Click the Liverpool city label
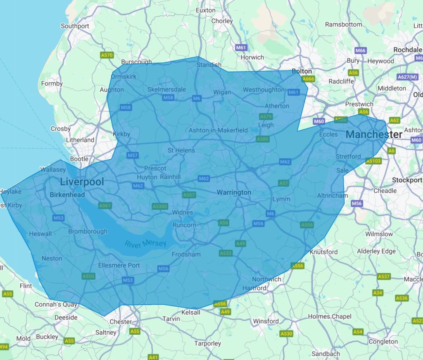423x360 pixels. pos(82,182)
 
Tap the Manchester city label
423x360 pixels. pos(374,135)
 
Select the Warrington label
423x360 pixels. pos(234,192)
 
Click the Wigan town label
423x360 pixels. pos(222,92)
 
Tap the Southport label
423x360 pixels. pos(75,26)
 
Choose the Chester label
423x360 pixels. pos(121,322)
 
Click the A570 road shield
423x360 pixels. pos(107,55)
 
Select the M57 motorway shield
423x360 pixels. pos(133,155)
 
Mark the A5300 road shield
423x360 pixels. pos(160,206)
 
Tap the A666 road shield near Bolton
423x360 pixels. pos(308,79)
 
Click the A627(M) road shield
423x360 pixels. pos(408,77)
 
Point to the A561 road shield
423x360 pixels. pos(105,205)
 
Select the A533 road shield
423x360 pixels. pos(226,253)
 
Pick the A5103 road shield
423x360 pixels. pos(373,161)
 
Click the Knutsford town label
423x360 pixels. pos(323,252)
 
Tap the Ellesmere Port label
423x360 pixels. pos(119,265)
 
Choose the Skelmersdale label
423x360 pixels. pos(166,90)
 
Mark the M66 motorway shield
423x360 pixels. pos(361,50)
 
